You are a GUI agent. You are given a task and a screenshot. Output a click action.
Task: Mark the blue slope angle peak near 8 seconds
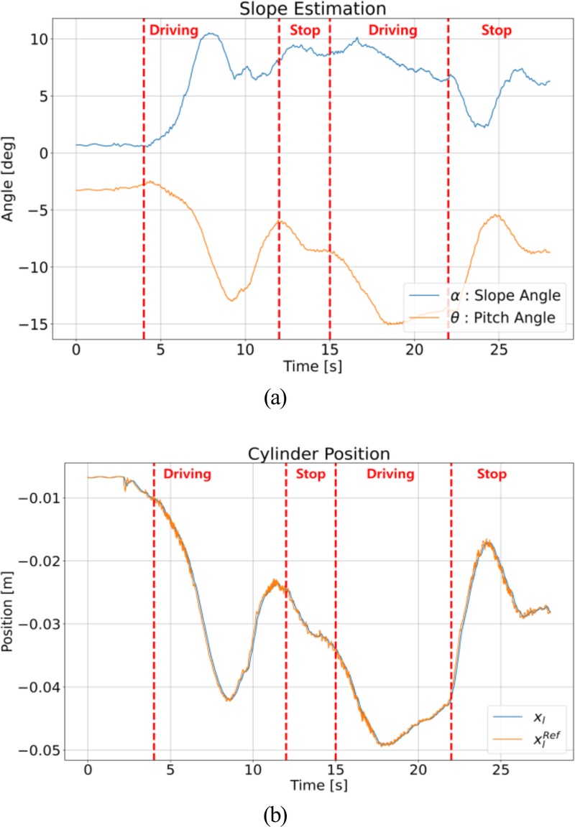pos(210,33)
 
